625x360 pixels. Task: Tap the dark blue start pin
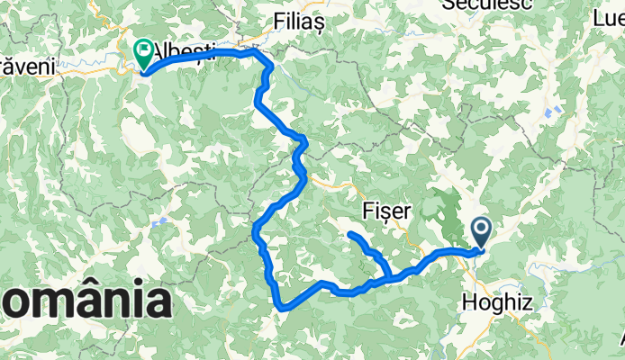pyautogui.click(x=480, y=233)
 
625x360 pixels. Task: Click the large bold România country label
pyautogui.click(x=86, y=300)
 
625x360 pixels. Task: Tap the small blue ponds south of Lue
pyautogui.click(x=552, y=112)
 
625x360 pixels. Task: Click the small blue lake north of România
pyautogui.click(x=159, y=221)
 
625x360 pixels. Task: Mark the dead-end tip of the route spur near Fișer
pyautogui.click(x=349, y=235)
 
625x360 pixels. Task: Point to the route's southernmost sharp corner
pyautogui.click(x=281, y=308)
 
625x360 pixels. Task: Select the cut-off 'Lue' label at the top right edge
pyautogui.click(x=609, y=15)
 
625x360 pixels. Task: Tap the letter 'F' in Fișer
pyautogui.click(x=366, y=211)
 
